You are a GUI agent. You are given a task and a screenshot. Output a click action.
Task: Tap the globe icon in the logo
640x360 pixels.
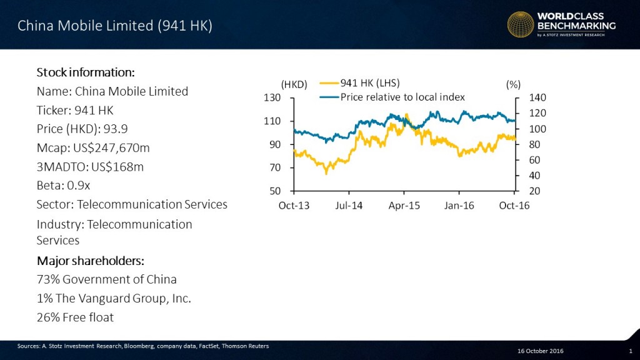tap(520, 26)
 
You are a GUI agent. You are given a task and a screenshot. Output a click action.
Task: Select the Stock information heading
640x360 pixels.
tap(86, 71)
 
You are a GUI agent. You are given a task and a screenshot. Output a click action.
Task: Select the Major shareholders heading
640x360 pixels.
tap(90, 261)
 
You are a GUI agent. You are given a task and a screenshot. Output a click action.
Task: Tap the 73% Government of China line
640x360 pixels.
tap(106, 279)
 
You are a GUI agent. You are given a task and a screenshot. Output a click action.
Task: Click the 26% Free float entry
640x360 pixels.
tap(75, 317)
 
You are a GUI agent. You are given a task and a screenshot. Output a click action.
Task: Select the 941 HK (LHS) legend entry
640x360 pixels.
tap(369, 83)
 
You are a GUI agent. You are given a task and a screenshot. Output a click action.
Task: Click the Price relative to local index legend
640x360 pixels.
tap(402, 97)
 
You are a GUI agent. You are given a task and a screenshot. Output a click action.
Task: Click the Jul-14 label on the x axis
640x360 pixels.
tap(349, 206)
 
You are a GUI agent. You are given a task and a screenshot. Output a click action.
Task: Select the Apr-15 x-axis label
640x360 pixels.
tap(404, 206)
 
